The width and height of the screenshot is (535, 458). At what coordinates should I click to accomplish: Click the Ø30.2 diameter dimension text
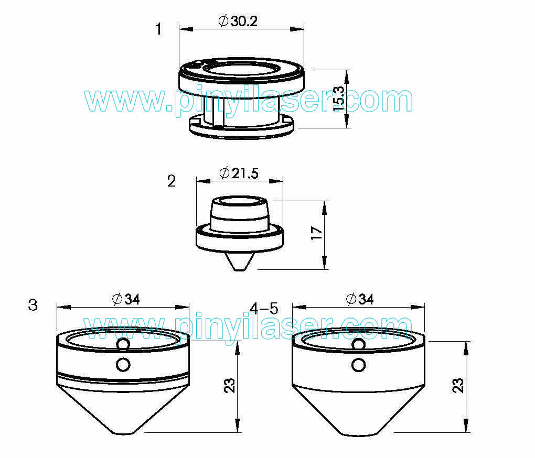238,21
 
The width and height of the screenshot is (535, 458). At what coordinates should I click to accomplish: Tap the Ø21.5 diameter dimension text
239,173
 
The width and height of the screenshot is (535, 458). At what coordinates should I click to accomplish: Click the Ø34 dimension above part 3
126,299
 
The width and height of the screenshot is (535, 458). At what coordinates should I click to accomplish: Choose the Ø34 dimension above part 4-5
360,299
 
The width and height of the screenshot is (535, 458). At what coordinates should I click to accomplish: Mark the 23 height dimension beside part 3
230,385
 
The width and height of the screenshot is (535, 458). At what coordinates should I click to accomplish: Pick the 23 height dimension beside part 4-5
458,385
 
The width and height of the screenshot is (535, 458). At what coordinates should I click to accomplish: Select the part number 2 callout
172,181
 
